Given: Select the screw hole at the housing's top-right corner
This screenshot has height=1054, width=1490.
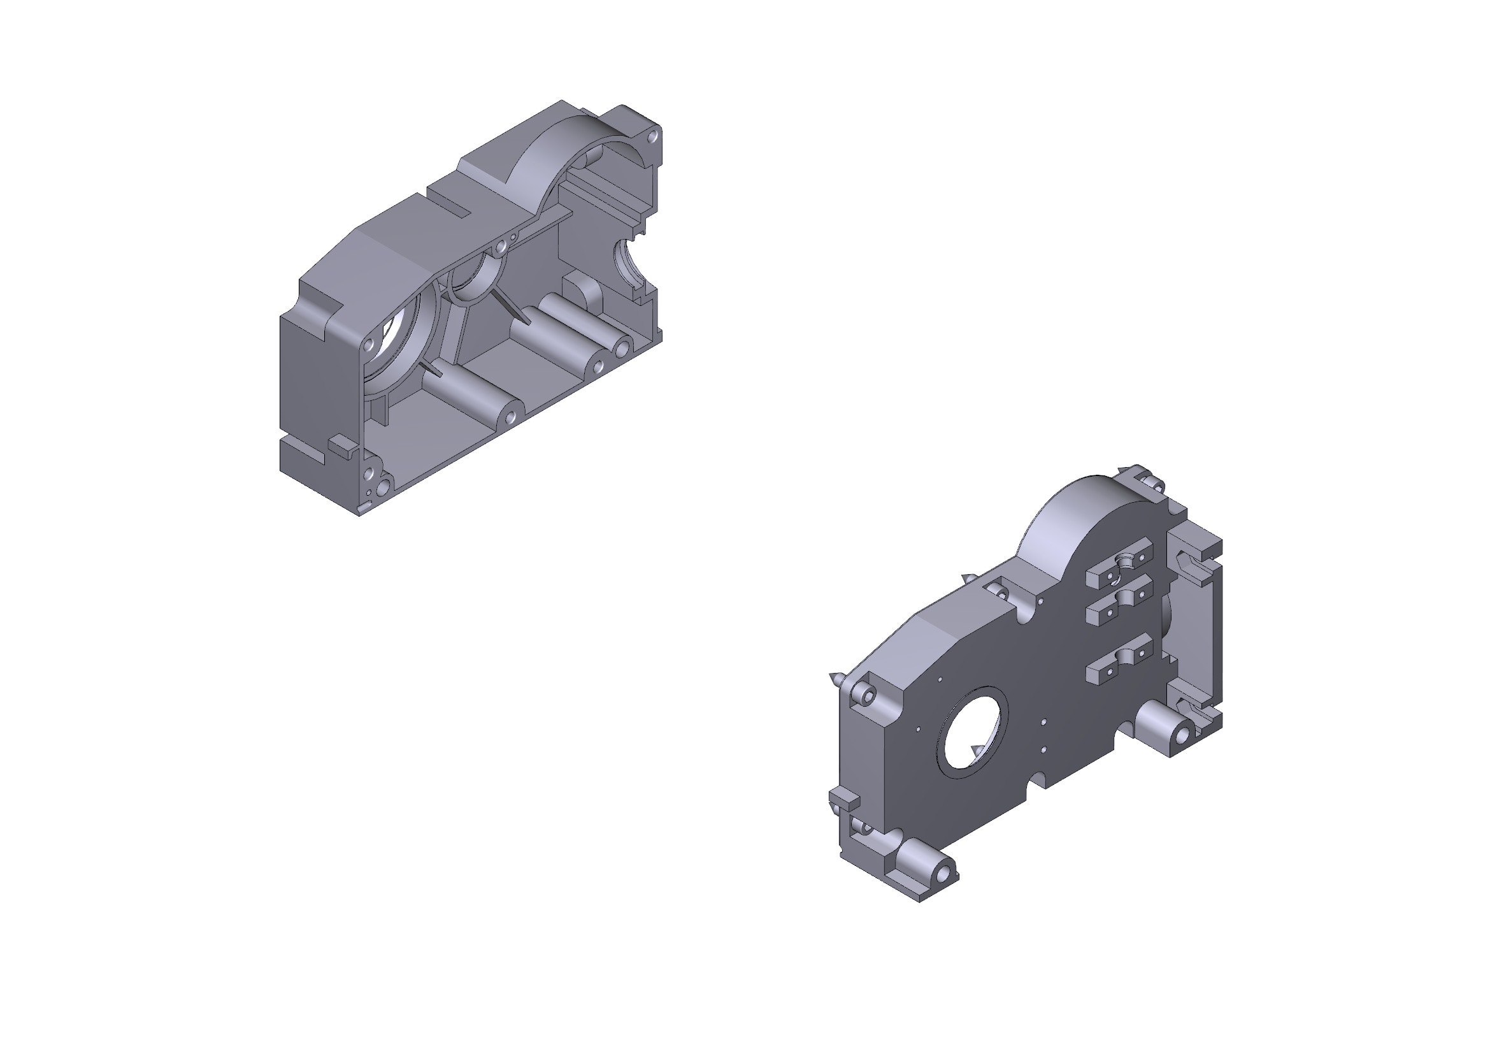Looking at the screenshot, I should [653, 137].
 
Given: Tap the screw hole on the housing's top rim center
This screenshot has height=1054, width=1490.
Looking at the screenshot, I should [501, 247].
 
